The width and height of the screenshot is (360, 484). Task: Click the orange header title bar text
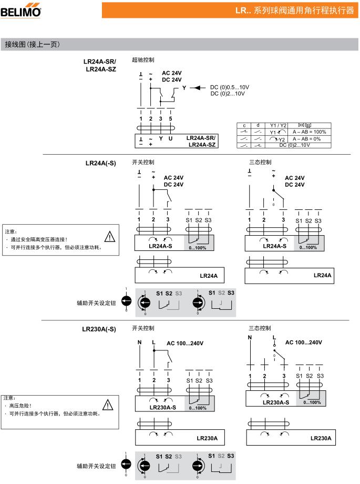295,11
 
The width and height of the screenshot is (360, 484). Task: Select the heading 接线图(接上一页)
32,44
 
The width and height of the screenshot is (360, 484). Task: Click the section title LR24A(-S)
100,163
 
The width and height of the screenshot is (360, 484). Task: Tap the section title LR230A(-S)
99,329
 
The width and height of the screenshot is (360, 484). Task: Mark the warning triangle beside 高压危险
108,404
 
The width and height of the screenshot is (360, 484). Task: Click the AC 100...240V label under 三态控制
304,342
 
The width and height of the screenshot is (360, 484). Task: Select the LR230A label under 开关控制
207,438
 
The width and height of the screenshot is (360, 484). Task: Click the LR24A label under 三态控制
323,275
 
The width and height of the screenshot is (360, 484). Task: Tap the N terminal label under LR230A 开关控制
139,342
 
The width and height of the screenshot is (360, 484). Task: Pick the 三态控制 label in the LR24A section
260,162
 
